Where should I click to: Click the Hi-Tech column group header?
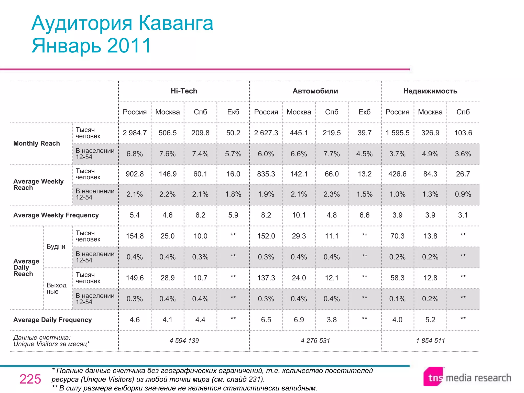[184, 91]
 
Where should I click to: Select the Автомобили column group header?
[315, 91]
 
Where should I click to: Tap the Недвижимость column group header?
[430, 91]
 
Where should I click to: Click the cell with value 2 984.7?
[135, 133]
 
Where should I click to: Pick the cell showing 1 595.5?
[397, 133]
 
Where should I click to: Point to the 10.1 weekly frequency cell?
[299, 215]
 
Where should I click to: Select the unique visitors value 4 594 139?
[184, 341]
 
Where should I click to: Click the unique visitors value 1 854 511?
[430, 341]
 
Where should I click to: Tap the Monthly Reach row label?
[37, 143]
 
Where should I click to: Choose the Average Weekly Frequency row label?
[56, 215]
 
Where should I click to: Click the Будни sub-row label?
[56, 247]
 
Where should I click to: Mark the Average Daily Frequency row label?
[52, 320]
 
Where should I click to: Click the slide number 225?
[30, 379]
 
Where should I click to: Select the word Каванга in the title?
[176, 23]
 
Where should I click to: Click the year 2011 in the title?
[129, 46]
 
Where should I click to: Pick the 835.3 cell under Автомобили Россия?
[266, 174]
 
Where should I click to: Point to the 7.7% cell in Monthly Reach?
[332, 154]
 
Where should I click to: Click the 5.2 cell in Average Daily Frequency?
[430, 320]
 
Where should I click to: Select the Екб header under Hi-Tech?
[233, 112]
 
